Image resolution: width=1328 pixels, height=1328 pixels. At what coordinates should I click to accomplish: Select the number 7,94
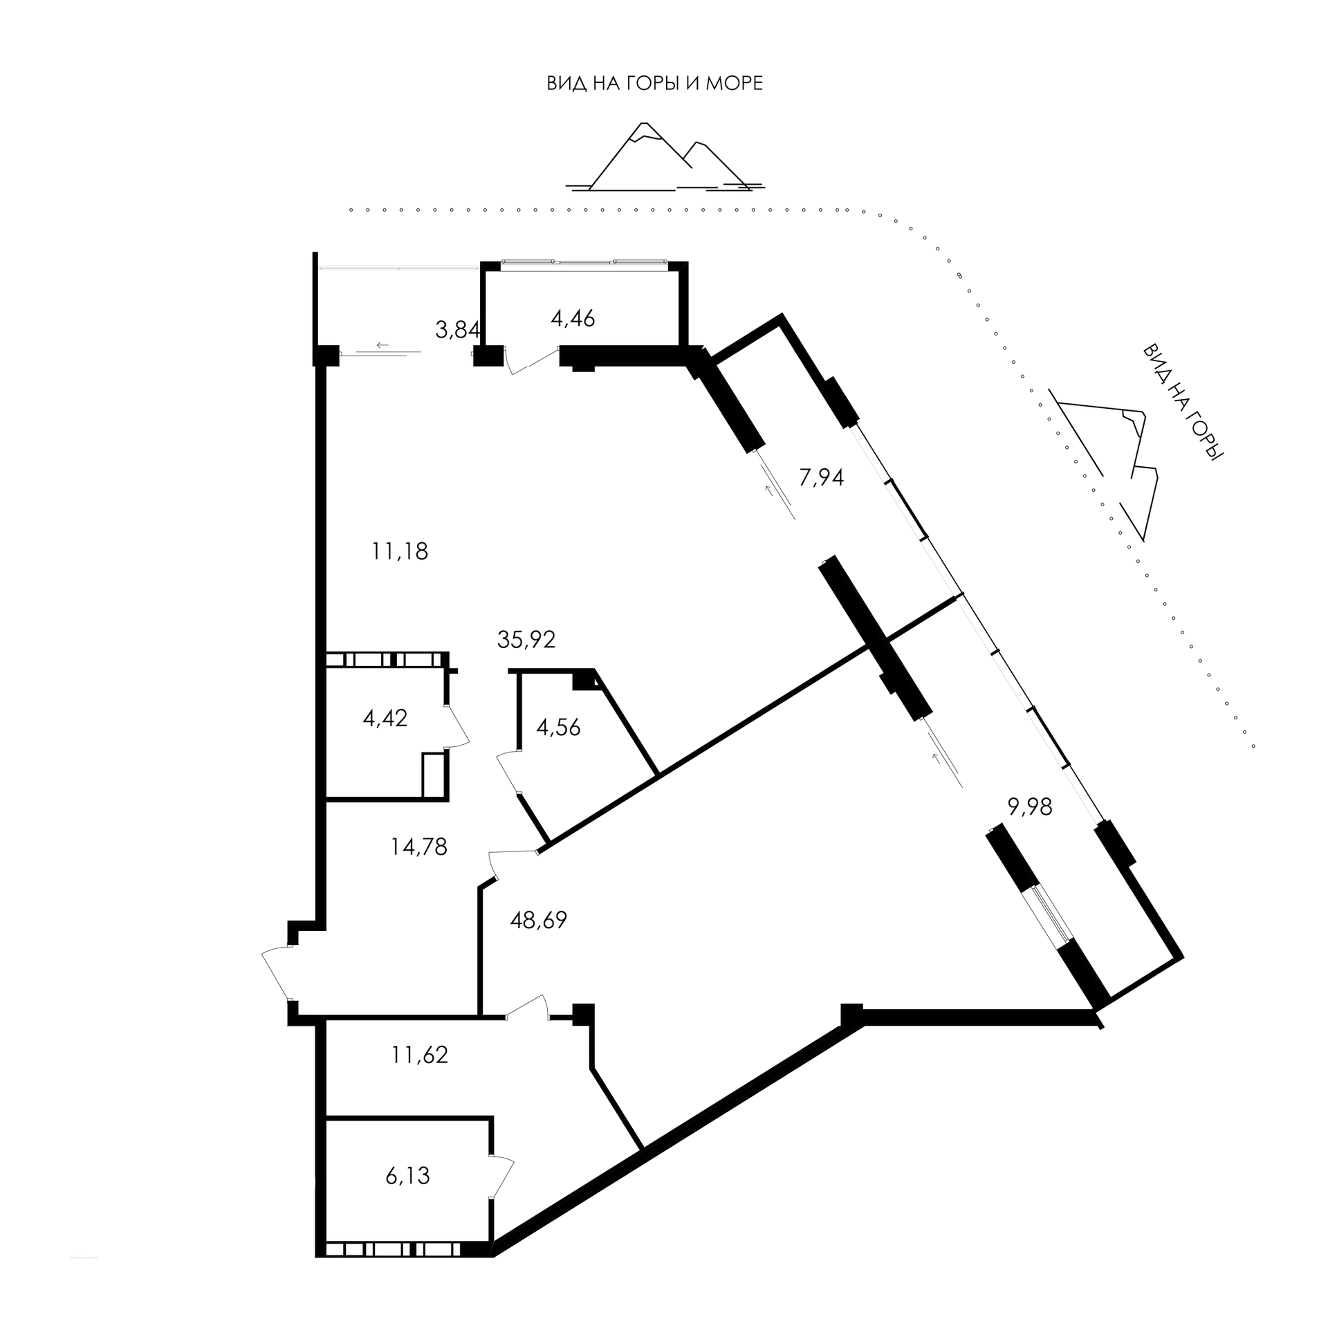coord(821,477)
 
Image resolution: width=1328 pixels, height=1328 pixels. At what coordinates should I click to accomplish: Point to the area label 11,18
coord(400,551)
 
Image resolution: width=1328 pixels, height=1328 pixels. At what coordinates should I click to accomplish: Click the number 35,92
coord(526,640)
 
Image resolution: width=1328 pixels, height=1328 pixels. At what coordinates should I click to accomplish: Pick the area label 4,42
coord(385,718)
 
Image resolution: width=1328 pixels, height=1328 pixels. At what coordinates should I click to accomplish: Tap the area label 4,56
coord(558,727)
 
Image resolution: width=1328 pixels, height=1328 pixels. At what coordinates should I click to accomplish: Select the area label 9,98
coord(1030,807)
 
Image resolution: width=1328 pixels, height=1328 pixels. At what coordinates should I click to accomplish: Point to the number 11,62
coord(419,1055)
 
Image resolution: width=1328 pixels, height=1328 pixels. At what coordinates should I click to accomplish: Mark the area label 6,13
coord(408,1175)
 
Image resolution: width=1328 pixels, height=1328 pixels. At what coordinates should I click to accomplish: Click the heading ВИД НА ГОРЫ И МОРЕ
coord(655,84)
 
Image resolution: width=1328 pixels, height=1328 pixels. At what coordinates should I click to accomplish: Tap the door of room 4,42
coord(458,726)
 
